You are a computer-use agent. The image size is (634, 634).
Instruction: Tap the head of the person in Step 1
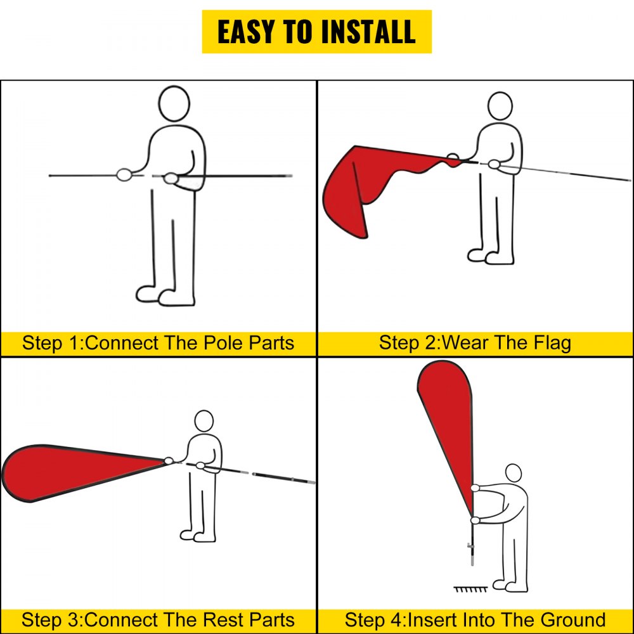(174, 103)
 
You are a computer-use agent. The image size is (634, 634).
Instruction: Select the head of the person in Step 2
(500, 106)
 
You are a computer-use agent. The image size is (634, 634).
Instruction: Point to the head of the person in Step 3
(204, 421)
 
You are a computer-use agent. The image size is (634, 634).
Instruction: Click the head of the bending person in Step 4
(514, 473)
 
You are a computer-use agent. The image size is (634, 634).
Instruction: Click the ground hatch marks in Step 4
(470, 589)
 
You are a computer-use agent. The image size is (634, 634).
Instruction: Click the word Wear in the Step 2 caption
(465, 343)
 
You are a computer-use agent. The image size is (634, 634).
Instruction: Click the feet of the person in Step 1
(165, 296)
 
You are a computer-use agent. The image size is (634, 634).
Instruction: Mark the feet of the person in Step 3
(198, 536)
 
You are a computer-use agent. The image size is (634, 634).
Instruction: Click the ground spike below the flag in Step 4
(472, 550)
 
